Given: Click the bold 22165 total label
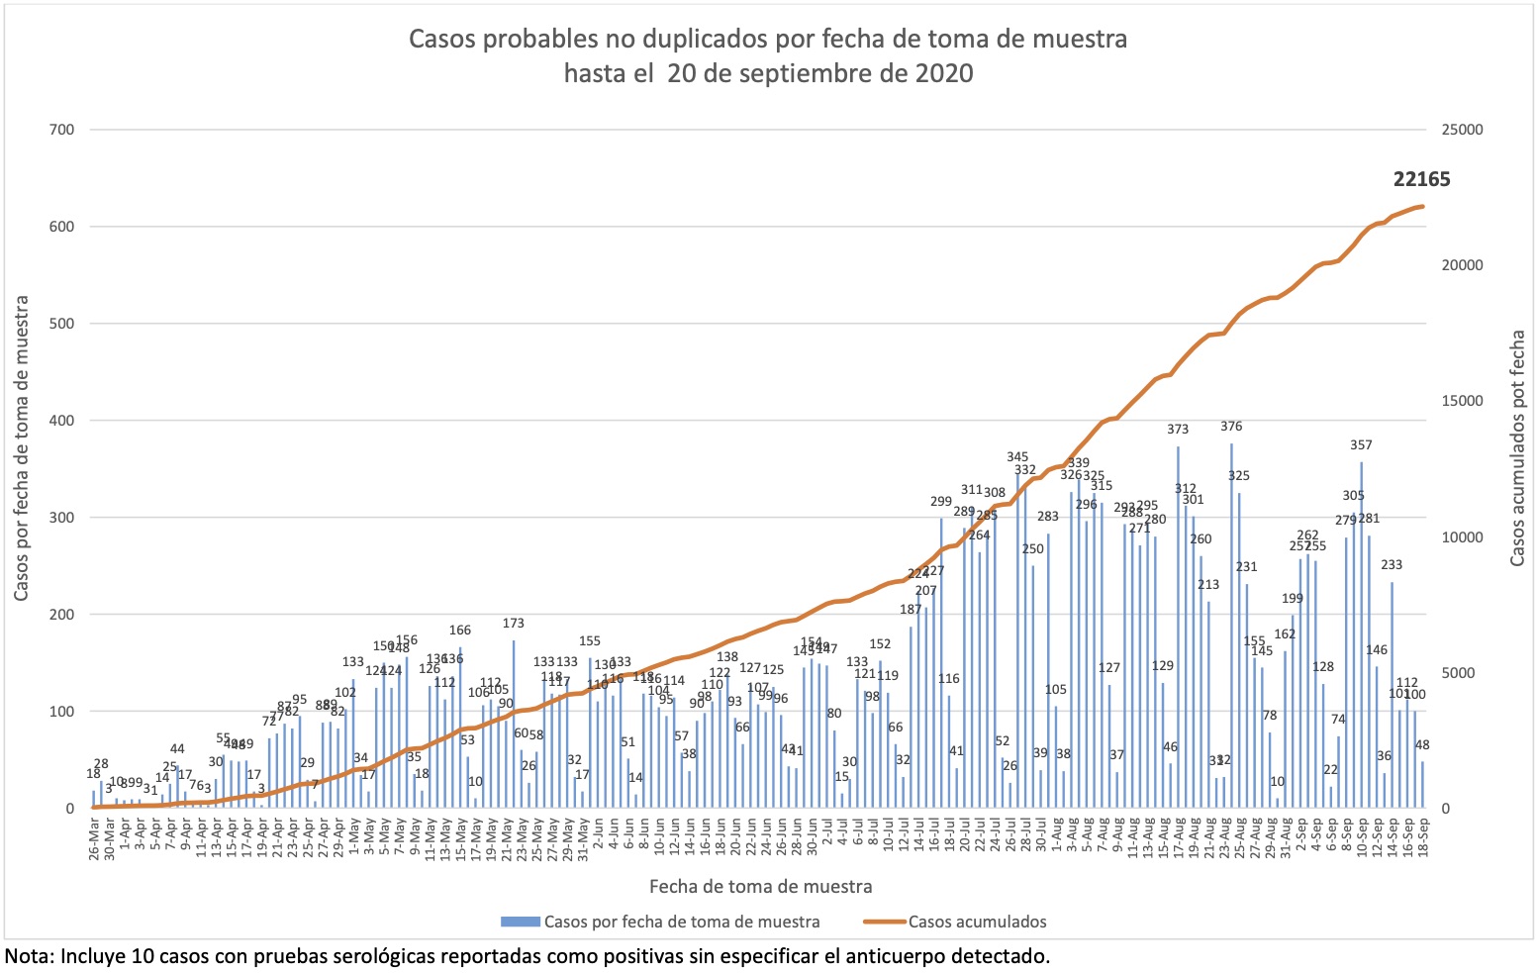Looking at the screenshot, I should coord(1421,179).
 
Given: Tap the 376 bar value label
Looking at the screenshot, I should coord(1231,427).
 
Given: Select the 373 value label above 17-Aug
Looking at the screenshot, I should coord(1178,430).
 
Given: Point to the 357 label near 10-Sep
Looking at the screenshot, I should coord(1362,445).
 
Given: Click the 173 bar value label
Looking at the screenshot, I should coord(513,624).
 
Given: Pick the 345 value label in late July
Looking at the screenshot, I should coord(1017,457).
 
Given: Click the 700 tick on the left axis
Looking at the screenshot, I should coord(61,130).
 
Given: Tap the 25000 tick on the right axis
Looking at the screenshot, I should coord(1461,130).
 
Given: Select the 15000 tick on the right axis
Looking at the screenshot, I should coord(1461,401).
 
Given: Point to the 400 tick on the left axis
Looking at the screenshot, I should coord(61,421).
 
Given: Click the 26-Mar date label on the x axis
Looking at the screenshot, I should coord(95,839).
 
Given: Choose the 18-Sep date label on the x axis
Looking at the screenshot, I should coord(1423,839).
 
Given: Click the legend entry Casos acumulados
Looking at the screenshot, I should coord(977,922).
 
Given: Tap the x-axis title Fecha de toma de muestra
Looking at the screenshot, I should coord(760,886).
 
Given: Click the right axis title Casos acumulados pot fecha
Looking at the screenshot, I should coord(1517,448).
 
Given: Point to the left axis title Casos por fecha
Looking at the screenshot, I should coord(21,448).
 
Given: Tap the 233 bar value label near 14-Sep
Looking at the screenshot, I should coord(1392,565).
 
